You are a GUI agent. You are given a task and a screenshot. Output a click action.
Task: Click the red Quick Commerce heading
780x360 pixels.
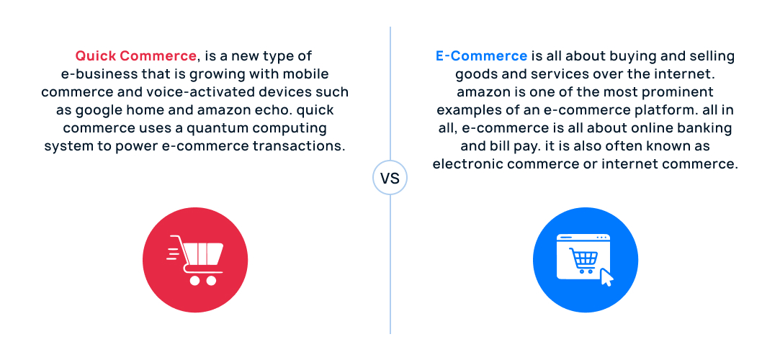pyautogui.click(x=135, y=56)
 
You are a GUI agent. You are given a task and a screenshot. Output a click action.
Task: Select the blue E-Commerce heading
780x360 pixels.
pyautogui.click(x=481, y=56)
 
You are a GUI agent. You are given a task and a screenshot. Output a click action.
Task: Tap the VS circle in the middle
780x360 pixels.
pyautogui.click(x=390, y=178)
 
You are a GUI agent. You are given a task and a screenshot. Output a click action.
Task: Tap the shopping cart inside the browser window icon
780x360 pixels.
pyautogui.click(x=582, y=261)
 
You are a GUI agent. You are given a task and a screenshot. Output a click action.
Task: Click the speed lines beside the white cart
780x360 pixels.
pyautogui.click(x=174, y=251)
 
